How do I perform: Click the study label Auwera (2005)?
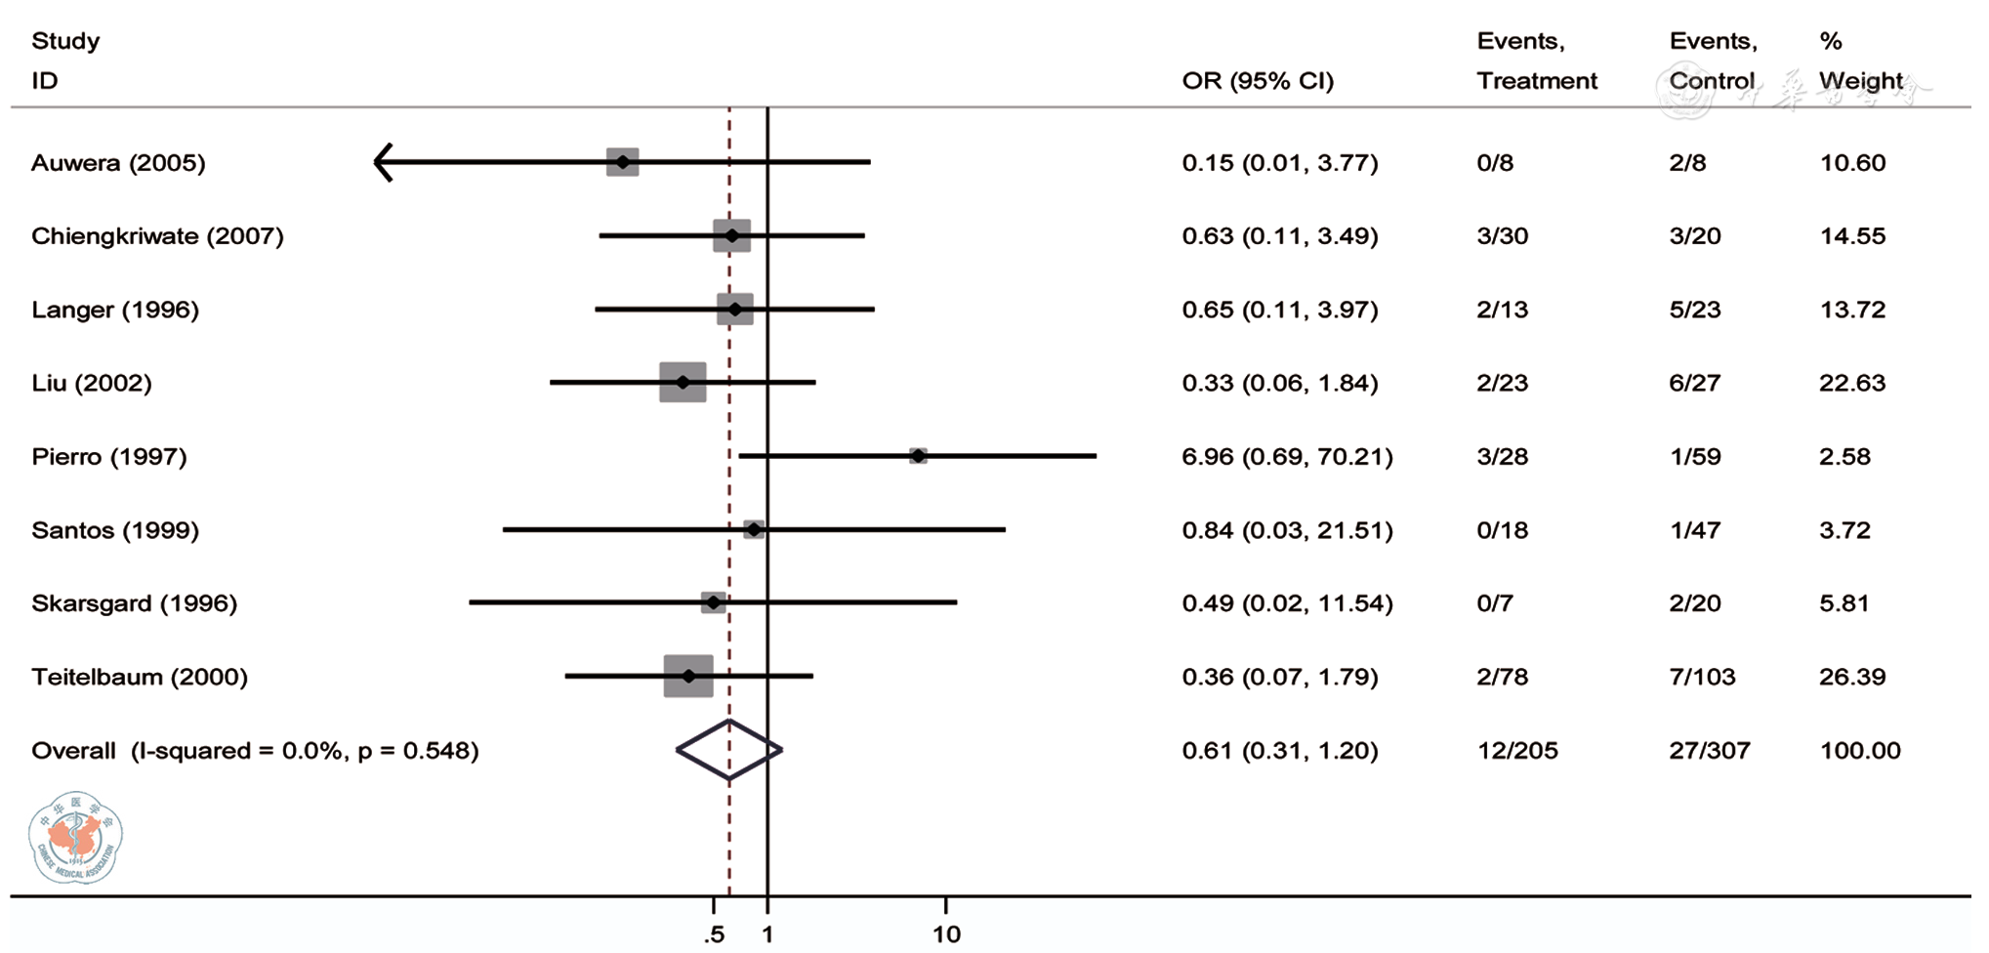[x=118, y=163]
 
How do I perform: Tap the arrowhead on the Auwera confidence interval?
[x=384, y=162]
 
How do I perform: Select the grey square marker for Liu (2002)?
[x=683, y=383]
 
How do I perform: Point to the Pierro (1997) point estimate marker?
[x=918, y=456]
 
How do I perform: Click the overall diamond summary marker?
[x=729, y=750]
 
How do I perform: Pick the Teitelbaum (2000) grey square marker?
[x=688, y=676]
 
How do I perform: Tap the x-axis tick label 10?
[x=946, y=934]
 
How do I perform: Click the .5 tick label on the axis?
[x=714, y=934]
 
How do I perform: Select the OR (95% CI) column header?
[x=1258, y=81]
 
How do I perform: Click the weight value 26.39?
[x=1852, y=677]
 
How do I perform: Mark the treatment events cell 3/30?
[x=1502, y=236]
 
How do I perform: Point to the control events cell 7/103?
[x=1702, y=677]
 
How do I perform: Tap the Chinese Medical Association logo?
[x=75, y=837]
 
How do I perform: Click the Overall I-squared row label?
[x=255, y=751]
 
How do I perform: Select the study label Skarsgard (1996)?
[x=134, y=603]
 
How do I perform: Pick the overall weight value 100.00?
[x=1860, y=751]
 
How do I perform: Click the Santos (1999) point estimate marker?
[x=754, y=529]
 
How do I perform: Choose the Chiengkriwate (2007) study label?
[x=157, y=236]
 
